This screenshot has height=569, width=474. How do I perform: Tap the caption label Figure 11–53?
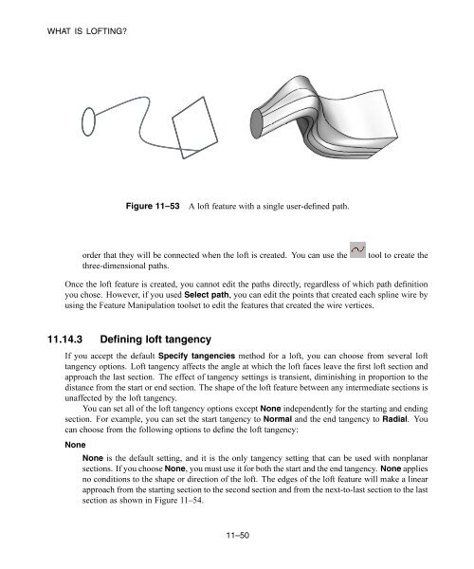point(155,205)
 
